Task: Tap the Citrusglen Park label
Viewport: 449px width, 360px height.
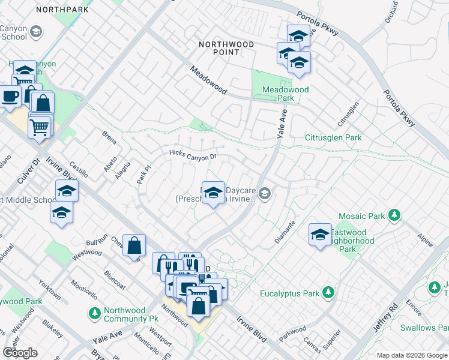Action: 334,137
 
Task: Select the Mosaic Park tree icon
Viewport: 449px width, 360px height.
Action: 394,215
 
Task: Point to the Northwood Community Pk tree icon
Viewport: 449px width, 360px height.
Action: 94,313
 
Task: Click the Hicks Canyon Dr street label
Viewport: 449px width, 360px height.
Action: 192,155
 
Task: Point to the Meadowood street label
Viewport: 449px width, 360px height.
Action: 208,80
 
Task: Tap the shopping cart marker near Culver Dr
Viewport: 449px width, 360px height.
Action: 40,126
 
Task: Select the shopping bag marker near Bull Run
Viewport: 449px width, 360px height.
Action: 134,245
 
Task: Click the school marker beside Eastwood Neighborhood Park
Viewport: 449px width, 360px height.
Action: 320,233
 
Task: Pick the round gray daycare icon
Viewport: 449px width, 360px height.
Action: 265,193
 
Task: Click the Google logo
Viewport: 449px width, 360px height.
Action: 20,353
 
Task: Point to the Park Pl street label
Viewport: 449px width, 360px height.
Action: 142,175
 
